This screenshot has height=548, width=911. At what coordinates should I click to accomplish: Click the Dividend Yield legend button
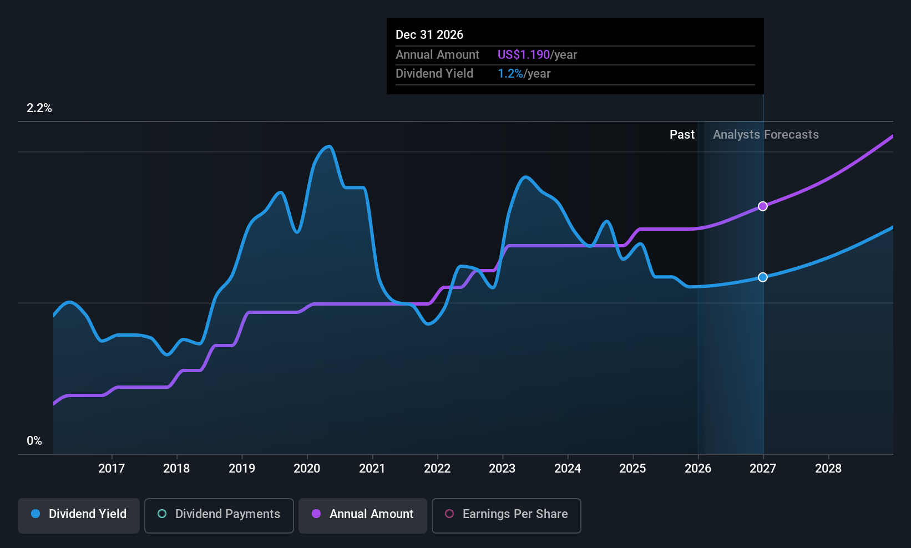[78, 515]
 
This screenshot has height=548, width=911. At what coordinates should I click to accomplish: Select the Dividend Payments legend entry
[219, 515]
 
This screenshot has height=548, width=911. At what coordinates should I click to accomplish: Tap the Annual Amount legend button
[363, 515]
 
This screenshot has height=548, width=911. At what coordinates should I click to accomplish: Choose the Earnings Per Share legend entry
[507, 515]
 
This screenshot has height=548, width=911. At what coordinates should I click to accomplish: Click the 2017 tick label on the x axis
[112, 468]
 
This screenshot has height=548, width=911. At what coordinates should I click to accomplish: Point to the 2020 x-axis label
[307, 468]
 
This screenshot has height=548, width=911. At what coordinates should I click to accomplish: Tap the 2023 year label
[502, 468]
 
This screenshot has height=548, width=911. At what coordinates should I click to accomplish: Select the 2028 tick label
[828, 468]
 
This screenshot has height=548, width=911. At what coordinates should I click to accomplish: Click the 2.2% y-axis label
[39, 108]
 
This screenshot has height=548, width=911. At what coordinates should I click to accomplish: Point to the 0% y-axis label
[34, 441]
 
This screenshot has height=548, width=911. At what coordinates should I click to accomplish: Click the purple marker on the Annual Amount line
[763, 206]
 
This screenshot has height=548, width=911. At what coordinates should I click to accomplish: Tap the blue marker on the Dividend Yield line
[763, 277]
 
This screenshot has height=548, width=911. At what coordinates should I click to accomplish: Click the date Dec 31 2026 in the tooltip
[429, 35]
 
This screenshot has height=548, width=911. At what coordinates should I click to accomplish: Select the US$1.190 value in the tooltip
[524, 54]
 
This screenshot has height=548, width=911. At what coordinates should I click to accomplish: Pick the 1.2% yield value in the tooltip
[510, 74]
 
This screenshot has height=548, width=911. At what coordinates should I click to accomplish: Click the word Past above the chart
[682, 135]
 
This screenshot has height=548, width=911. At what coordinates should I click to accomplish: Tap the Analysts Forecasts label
[766, 135]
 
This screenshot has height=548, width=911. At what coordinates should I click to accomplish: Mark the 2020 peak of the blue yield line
[328, 146]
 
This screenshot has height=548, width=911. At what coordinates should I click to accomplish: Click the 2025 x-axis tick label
[633, 468]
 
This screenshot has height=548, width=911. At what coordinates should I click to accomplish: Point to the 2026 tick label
[698, 468]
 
